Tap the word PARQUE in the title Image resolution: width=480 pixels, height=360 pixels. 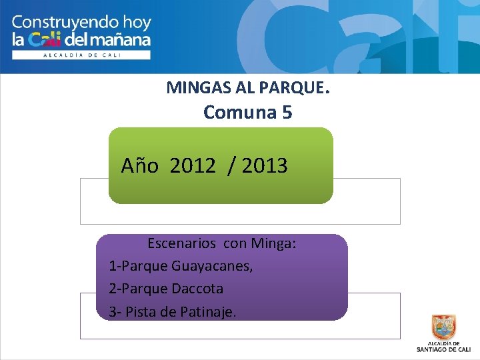point(296,87)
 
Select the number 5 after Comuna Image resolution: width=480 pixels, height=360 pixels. point(286,113)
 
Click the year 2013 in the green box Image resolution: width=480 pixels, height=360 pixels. point(265,165)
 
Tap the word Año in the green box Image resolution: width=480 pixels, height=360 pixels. point(139,165)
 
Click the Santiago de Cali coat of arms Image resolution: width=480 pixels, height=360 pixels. point(444,328)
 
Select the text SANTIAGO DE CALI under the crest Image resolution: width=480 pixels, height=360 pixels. point(445,349)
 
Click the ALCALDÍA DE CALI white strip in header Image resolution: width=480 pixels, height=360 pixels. point(81,55)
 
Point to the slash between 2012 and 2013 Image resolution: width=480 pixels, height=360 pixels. point(231,165)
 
